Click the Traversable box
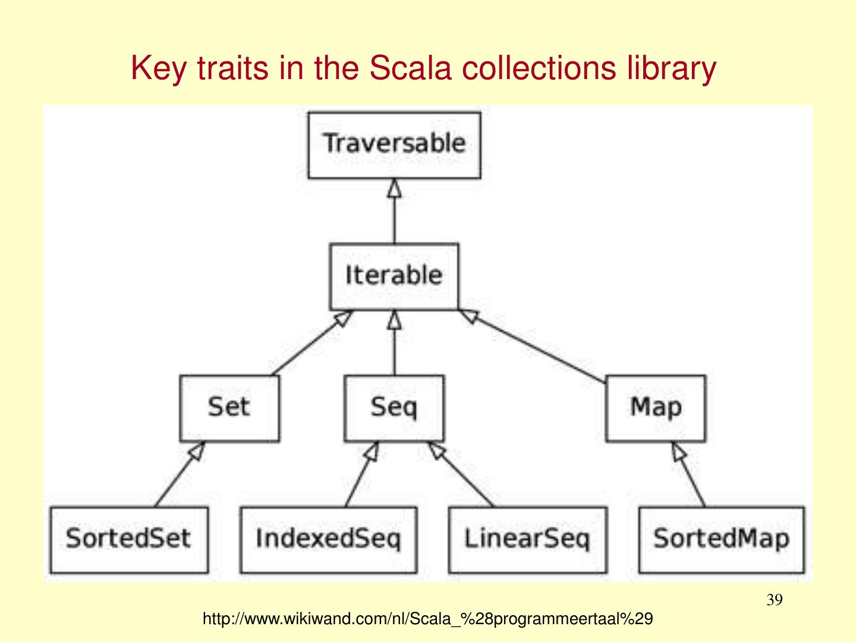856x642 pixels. pos(394,145)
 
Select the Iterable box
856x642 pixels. pos(394,276)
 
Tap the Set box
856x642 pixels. pos(229,408)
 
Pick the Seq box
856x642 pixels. pos(394,408)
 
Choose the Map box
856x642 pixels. pos(656,408)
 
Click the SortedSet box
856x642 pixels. pos(129,540)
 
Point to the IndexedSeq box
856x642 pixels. pos(328,540)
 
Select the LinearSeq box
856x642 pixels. pos(527,540)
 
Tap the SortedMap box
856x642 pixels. pos(721,540)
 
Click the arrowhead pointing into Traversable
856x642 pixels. pos(394,188)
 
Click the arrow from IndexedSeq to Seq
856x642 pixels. pos(360,476)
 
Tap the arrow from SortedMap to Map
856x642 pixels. pos(690,476)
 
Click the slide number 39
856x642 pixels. pos(774,600)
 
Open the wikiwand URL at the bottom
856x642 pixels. pos(427,619)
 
